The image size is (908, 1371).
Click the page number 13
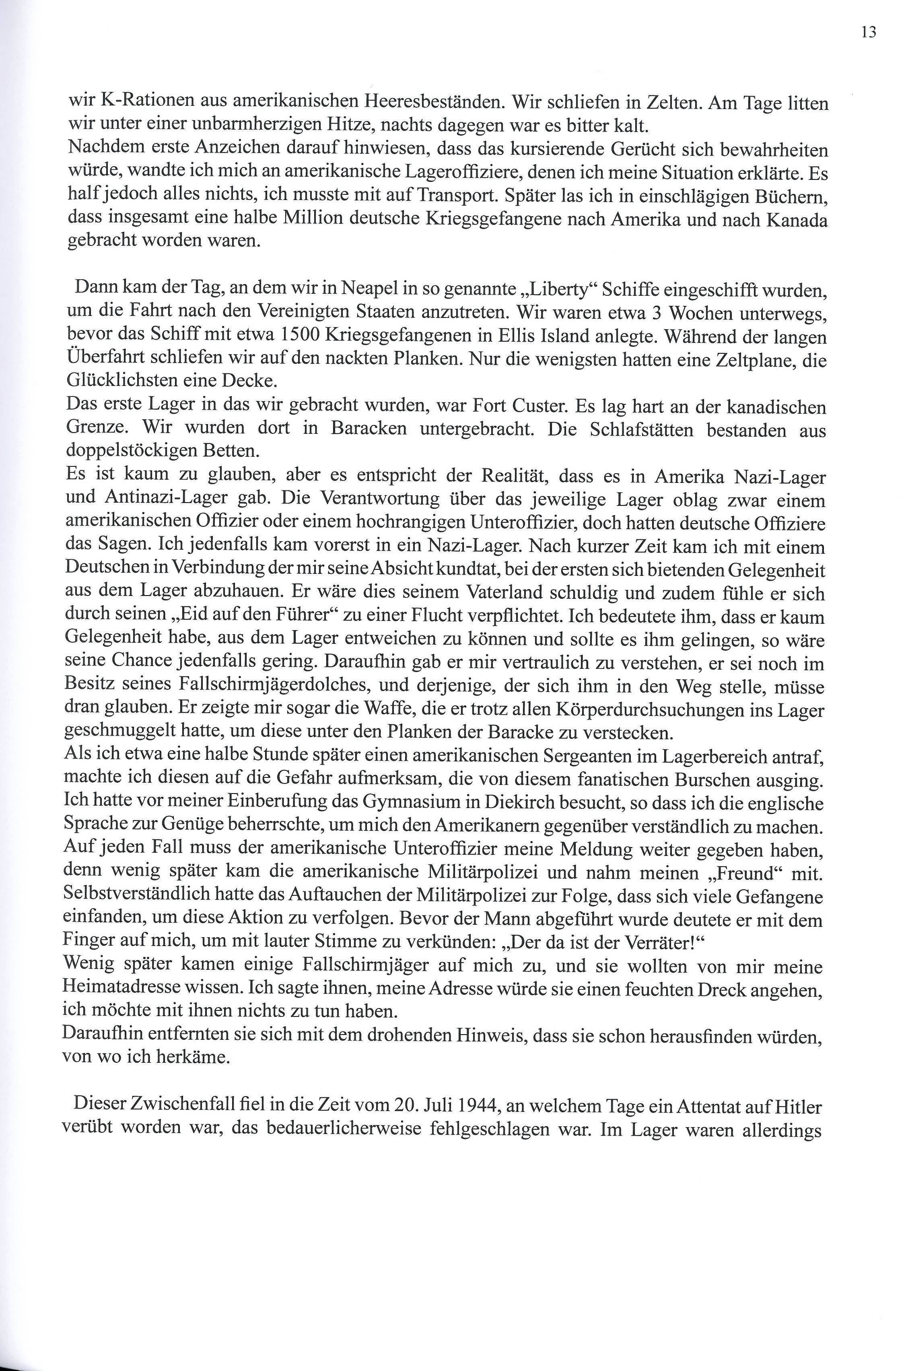coord(869,33)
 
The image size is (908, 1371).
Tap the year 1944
coord(475,1106)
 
